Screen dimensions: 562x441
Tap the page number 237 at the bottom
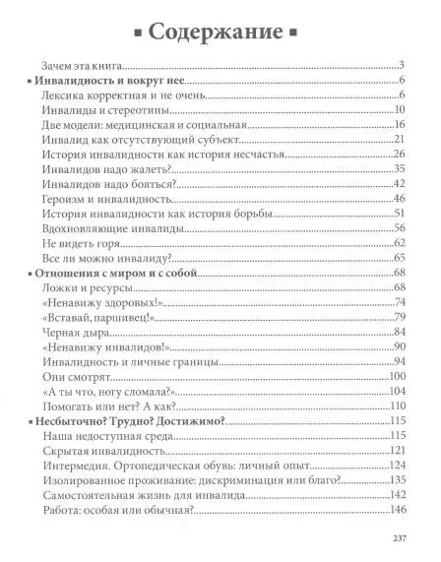coord(399,536)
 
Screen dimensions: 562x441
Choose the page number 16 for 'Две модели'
coord(400,126)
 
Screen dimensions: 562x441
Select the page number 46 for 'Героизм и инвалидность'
coord(400,199)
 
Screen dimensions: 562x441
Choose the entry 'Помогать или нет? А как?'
coord(109,405)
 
